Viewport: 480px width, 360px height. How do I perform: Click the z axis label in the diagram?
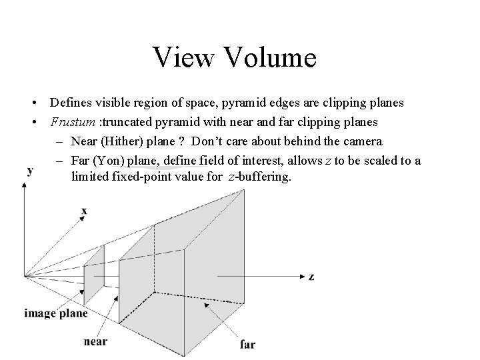click(311, 276)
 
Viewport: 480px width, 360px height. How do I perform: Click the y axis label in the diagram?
click(30, 171)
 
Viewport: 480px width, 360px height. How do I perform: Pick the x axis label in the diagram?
click(84, 211)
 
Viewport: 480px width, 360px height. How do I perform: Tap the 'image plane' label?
click(56, 314)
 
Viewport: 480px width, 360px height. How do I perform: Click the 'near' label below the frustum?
click(95, 341)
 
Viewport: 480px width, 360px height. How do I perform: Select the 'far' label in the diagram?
click(247, 344)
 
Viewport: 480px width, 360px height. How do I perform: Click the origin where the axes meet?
click(25, 275)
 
